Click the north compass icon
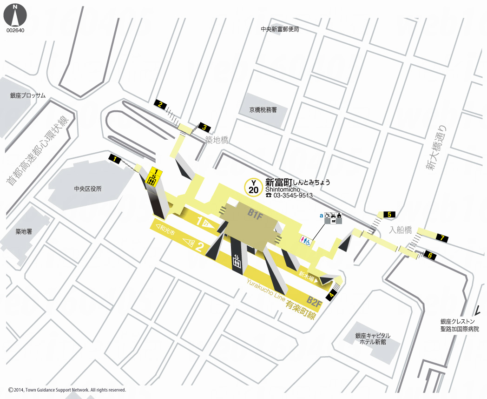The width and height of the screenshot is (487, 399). click(x=15, y=15)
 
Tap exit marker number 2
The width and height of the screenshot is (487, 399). click(x=160, y=104)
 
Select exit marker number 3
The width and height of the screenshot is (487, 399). click(x=204, y=126)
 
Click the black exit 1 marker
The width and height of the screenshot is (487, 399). click(x=115, y=159)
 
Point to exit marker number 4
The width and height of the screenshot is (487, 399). click(x=331, y=295)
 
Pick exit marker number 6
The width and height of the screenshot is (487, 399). click(x=430, y=255)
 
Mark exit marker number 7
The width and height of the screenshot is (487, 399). click(x=442, y=238)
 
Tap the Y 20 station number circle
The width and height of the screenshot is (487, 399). click(x=254, y=187)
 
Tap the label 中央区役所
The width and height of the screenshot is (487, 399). click(x=88, y=189)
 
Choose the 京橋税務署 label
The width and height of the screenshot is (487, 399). click(x=263, y=110)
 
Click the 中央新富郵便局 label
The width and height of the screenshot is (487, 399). click(x=280, y=29)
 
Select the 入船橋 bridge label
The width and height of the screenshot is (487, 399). click(x=401, y=230)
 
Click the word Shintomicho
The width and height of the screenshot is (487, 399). click(x=283, y=189)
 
